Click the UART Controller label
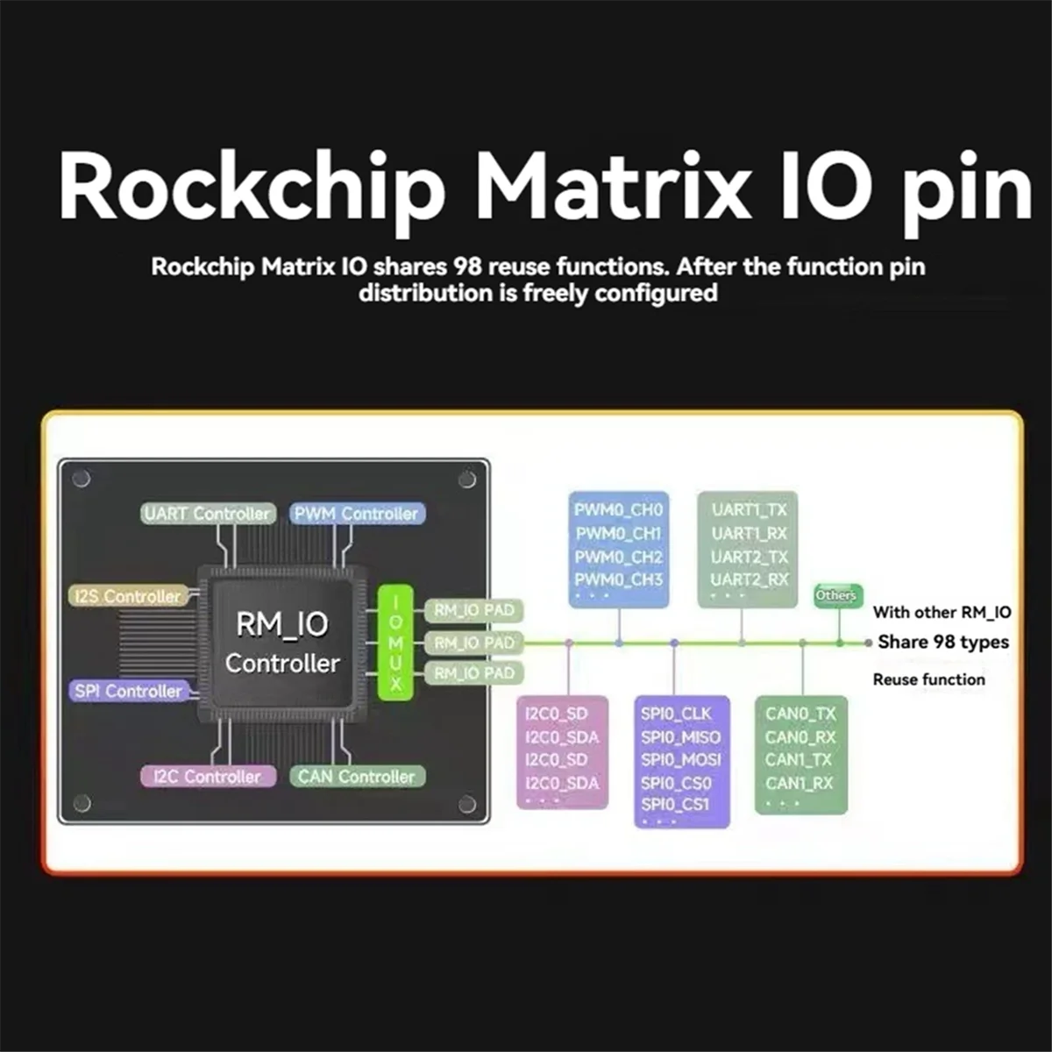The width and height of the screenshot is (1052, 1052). pos(208,514)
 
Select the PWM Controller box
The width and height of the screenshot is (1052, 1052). pos(357,514)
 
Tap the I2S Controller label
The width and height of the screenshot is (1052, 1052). pos(128,596)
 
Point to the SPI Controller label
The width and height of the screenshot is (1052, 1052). pos(128,691)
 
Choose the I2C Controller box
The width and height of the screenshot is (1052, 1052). pos(208,776)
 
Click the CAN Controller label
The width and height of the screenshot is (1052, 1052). pos(357,776)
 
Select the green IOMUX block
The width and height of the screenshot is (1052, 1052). pos(395,643)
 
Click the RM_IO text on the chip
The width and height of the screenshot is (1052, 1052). pos(281,624)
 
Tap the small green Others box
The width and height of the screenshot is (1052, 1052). pos(836,595)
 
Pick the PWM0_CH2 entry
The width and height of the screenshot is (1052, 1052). pos(618,557)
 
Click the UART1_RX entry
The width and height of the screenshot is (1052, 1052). pos(749,533)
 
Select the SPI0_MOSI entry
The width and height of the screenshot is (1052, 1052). pos(680,760)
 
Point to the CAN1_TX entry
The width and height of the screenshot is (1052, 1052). pos(799,760)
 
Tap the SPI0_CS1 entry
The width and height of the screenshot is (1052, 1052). pos(675,804)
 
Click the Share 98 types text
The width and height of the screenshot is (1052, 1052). pos(942,642)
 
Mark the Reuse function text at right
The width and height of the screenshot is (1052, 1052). pos(928,679)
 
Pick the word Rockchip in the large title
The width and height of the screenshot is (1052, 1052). pos(252,188)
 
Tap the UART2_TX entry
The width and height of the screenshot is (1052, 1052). pos(749,557)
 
